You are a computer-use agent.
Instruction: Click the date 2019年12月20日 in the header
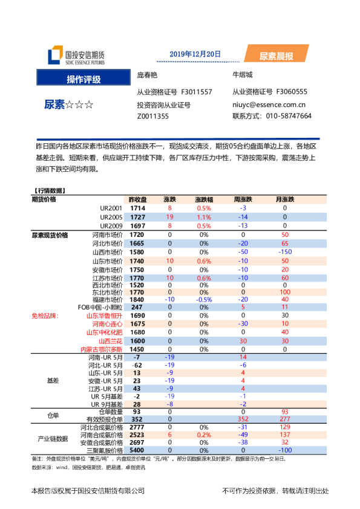point(195,54)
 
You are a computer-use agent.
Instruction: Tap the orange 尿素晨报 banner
point(276,56)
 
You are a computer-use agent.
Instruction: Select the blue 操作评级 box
point(83,79)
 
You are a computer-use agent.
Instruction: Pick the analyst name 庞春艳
point(147,75)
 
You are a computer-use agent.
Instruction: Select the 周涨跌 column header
point(243,199)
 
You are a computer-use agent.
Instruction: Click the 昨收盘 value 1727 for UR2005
point(138,216)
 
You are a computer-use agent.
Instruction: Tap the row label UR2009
point(111,225)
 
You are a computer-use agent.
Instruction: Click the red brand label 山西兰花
point(110,341)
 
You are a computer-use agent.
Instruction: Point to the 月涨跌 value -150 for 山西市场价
point(285,251)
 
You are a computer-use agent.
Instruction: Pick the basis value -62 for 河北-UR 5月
point(137,366)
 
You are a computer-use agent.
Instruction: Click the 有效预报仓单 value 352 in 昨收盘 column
point(137,419)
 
